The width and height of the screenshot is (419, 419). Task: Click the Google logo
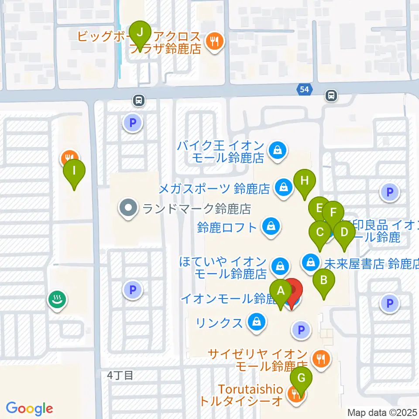click(29, 409)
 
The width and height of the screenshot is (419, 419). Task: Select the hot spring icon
click(57, 299)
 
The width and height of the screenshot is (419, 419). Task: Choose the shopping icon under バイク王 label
click(277, 151)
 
